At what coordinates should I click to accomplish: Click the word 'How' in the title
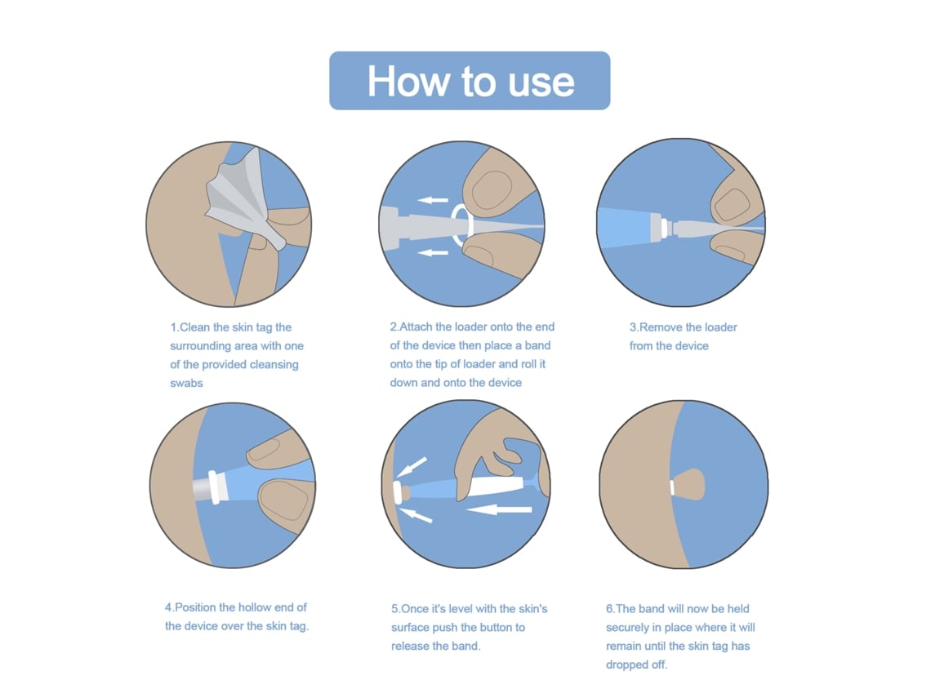click(x=408, y=81)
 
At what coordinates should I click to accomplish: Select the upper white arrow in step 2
click(x=433, y=200)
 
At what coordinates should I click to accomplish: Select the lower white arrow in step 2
click(x=433, y=253)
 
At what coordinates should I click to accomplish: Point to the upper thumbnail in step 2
click(x=492, y=190)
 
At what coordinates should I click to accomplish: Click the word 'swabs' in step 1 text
click(x=186, y=384)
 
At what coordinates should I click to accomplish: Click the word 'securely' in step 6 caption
click(x=627, y=628)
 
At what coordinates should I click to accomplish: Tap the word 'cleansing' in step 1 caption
click(x=274, y=365)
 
